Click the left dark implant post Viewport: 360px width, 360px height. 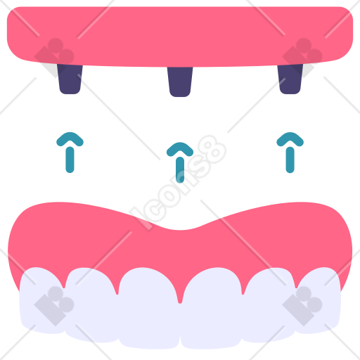coord(70,79)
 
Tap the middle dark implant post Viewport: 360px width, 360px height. coord(180,82)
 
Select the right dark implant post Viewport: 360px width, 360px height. coord(290,79)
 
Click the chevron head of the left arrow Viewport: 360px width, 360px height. coord(70,138)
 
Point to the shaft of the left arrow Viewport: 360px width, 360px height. coord(70,160)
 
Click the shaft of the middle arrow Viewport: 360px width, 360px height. coord(180,170)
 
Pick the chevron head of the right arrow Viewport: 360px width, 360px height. coord(290,138)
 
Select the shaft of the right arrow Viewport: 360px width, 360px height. coord(290,160)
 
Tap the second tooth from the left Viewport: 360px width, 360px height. coord(91,304)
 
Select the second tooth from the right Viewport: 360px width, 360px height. coord(269,304)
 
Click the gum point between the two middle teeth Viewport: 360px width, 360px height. coord(180,302)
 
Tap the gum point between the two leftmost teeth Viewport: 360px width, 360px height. coord(64,286)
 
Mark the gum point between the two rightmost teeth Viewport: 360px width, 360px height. coord(296,286)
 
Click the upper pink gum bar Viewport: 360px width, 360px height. coord(180,35)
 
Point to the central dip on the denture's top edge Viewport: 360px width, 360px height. coord(180,230)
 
